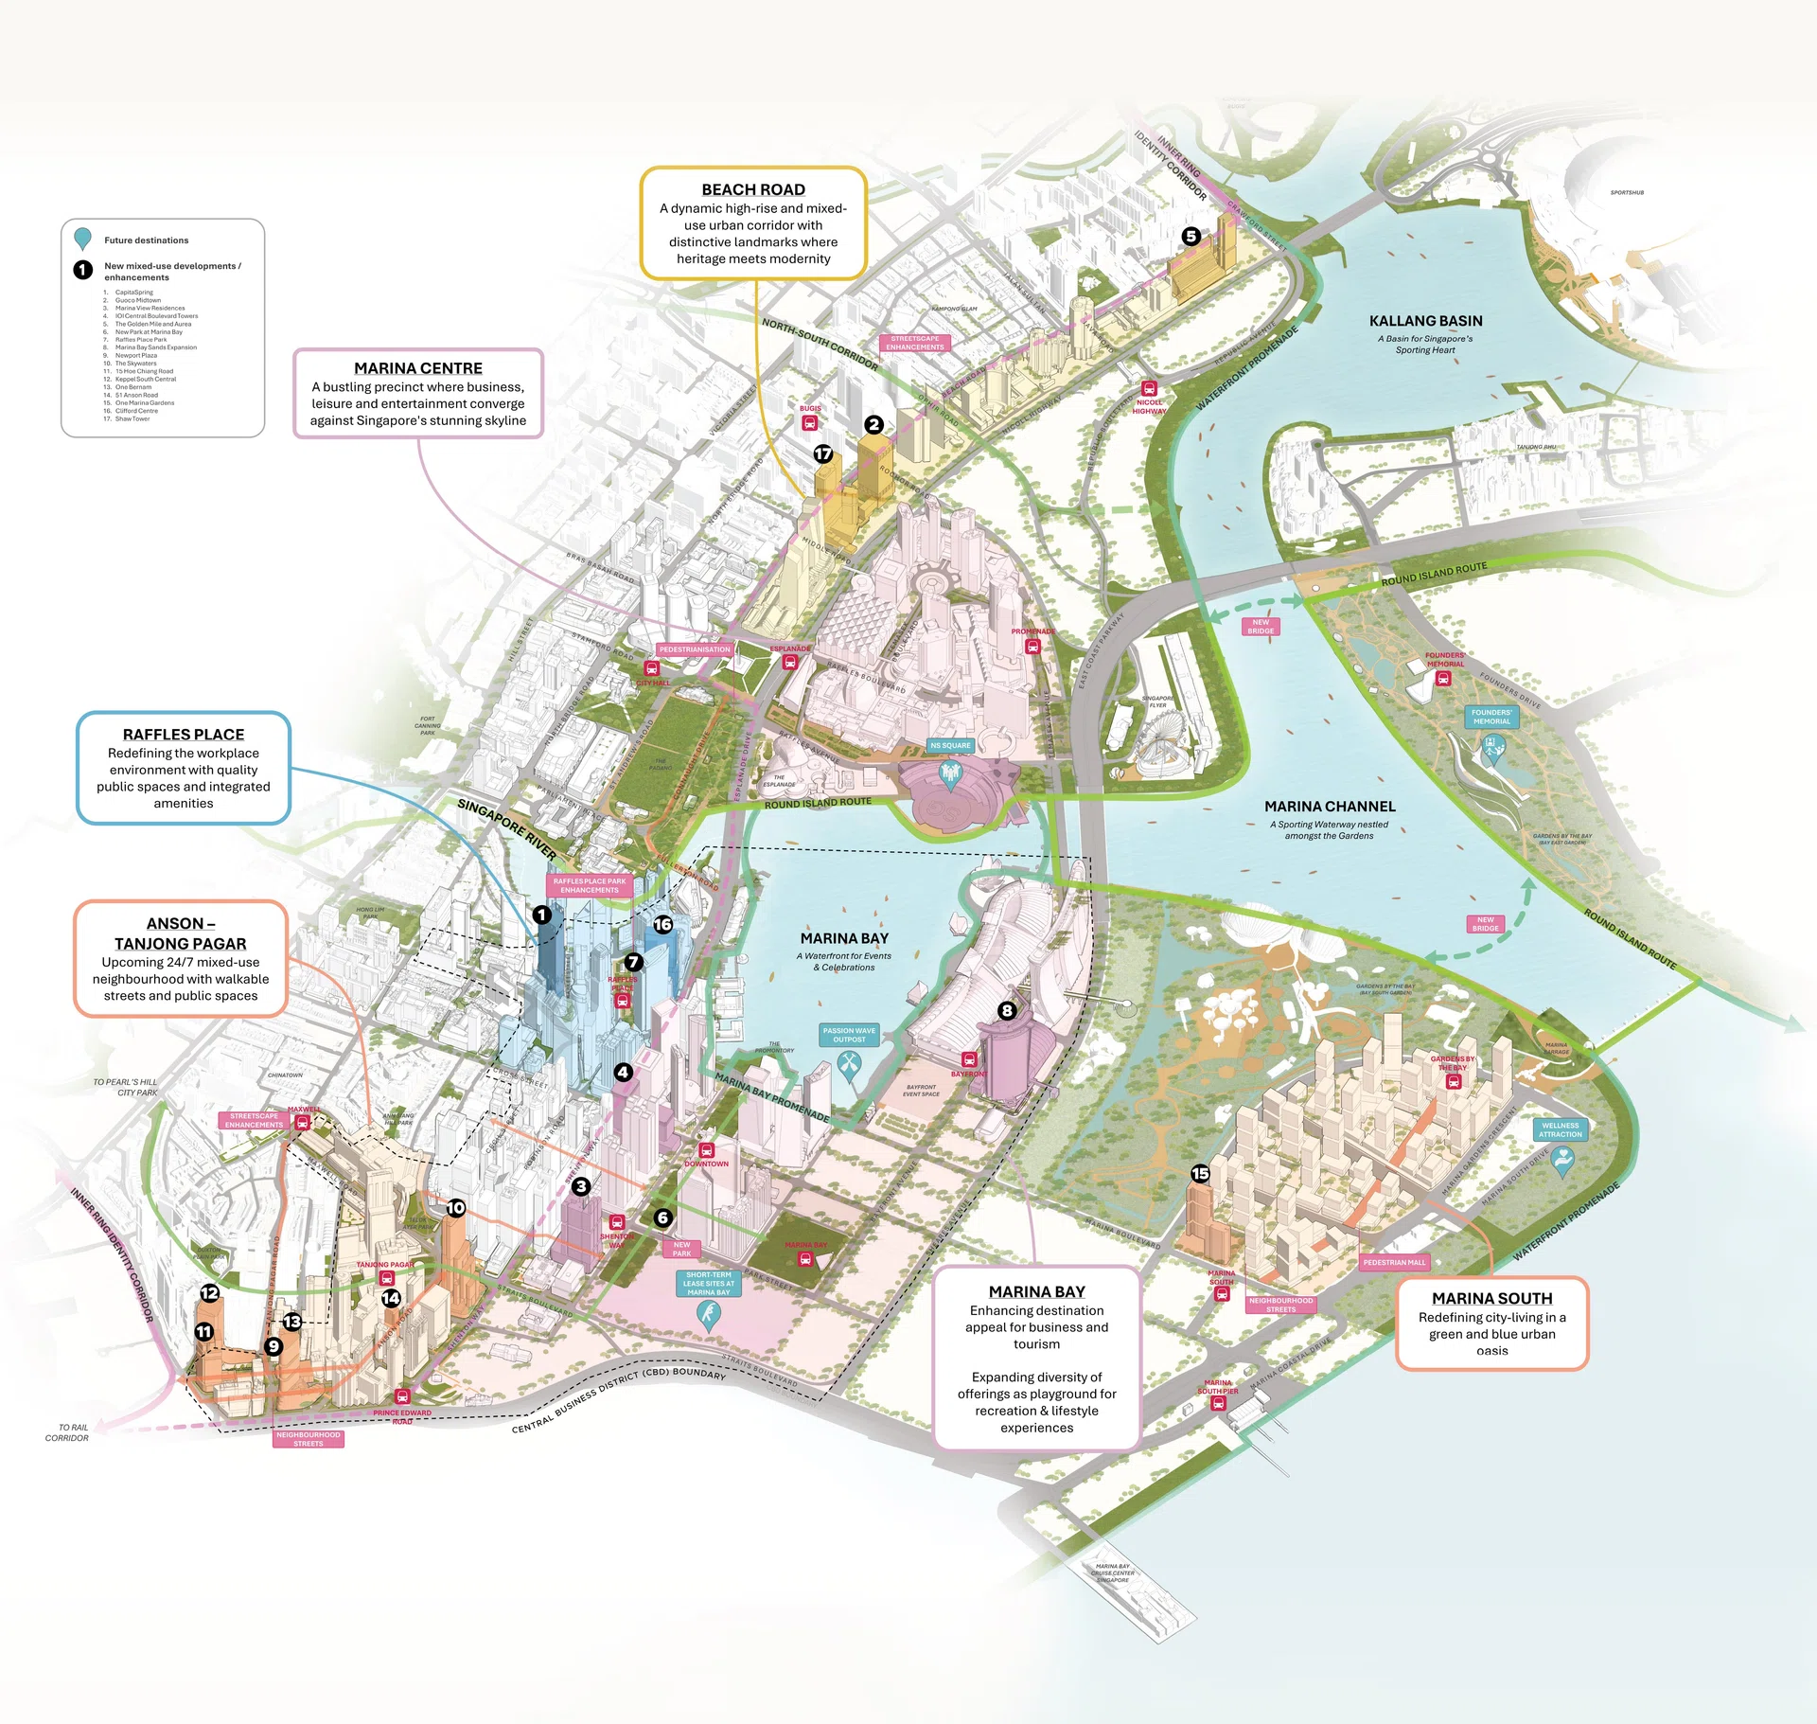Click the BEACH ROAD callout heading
click(x=753, y=189)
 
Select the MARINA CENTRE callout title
click(x=418, y=368)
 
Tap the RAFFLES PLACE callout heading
click(x=184, y=735)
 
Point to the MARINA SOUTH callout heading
click(x=1491, y=1299)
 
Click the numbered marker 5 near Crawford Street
click(x=1191, y=237)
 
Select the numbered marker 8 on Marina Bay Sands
click(x=1007, y=1011)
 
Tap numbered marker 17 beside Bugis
click(x=823, y=454)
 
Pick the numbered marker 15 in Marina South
click(x=1200, y=1174)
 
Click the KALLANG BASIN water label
click(x=1425, y=322)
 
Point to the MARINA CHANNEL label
click(x=1330, y=807)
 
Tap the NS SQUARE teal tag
click(x=950, y=745)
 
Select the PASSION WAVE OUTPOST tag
click(x=849, y=1035)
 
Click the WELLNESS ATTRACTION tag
click(x=1560, y=1129)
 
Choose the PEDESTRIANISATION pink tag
click(x=695, y=649)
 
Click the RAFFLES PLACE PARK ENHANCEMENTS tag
click(x=589, y=885)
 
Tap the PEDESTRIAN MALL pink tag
click(x=1394, y=1262)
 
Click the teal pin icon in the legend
click(x=83, y=238)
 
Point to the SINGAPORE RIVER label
click(x=506, y=828)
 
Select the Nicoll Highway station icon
click(x=1149, y=389)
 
